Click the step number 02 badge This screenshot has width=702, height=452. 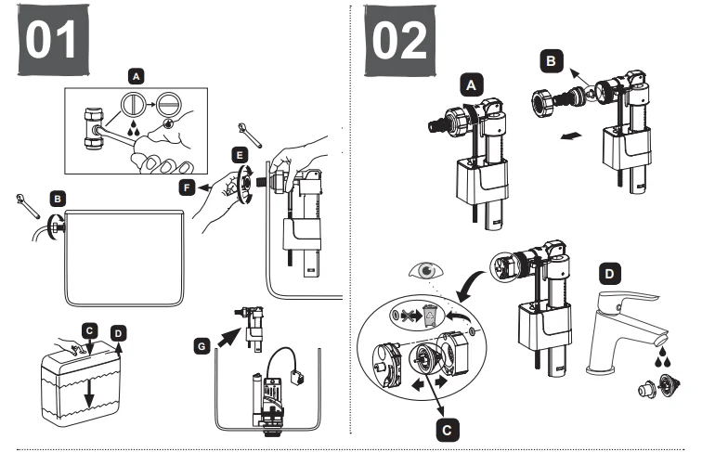pyautogui.click(x=400, y=42)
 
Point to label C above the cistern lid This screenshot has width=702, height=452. pyautogui.click(x=89, y=329)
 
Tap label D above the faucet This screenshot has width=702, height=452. pyautogui.click(x=608, y=275)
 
